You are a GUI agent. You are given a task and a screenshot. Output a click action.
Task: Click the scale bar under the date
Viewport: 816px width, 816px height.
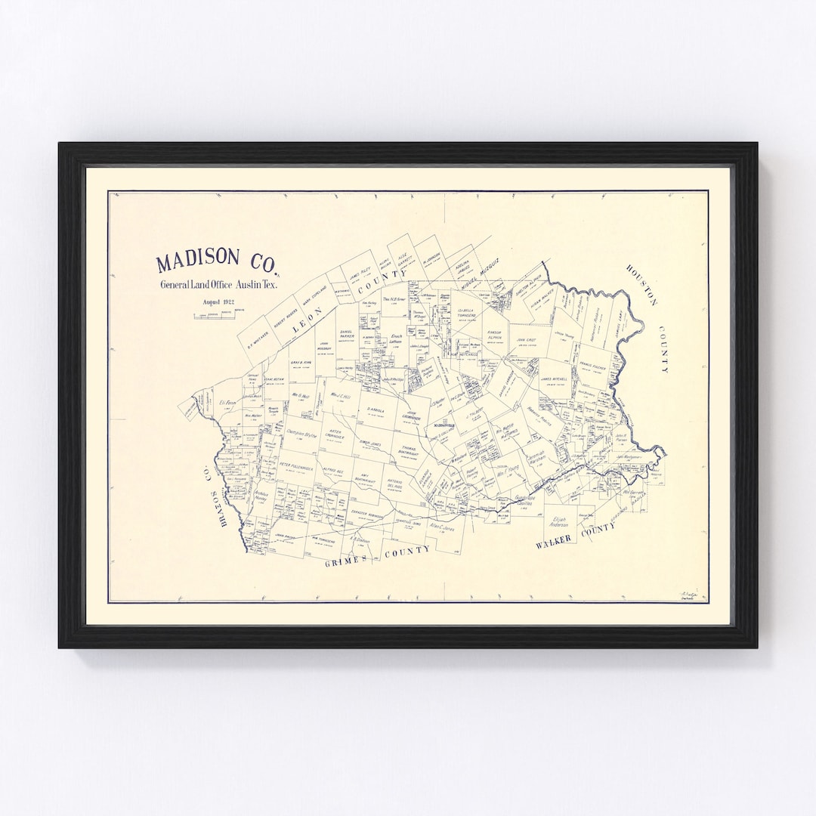click(x=218, y=314)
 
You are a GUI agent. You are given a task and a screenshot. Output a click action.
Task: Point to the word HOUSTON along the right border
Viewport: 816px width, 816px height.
click(x=641, y=286)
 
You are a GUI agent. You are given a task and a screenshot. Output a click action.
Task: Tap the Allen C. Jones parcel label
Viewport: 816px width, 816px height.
click(x=442, y=526)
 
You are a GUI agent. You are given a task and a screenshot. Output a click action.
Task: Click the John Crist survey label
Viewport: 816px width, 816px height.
click(x=526, y=342)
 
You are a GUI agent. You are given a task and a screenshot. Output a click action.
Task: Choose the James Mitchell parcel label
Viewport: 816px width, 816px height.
click(x=556, y=379)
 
